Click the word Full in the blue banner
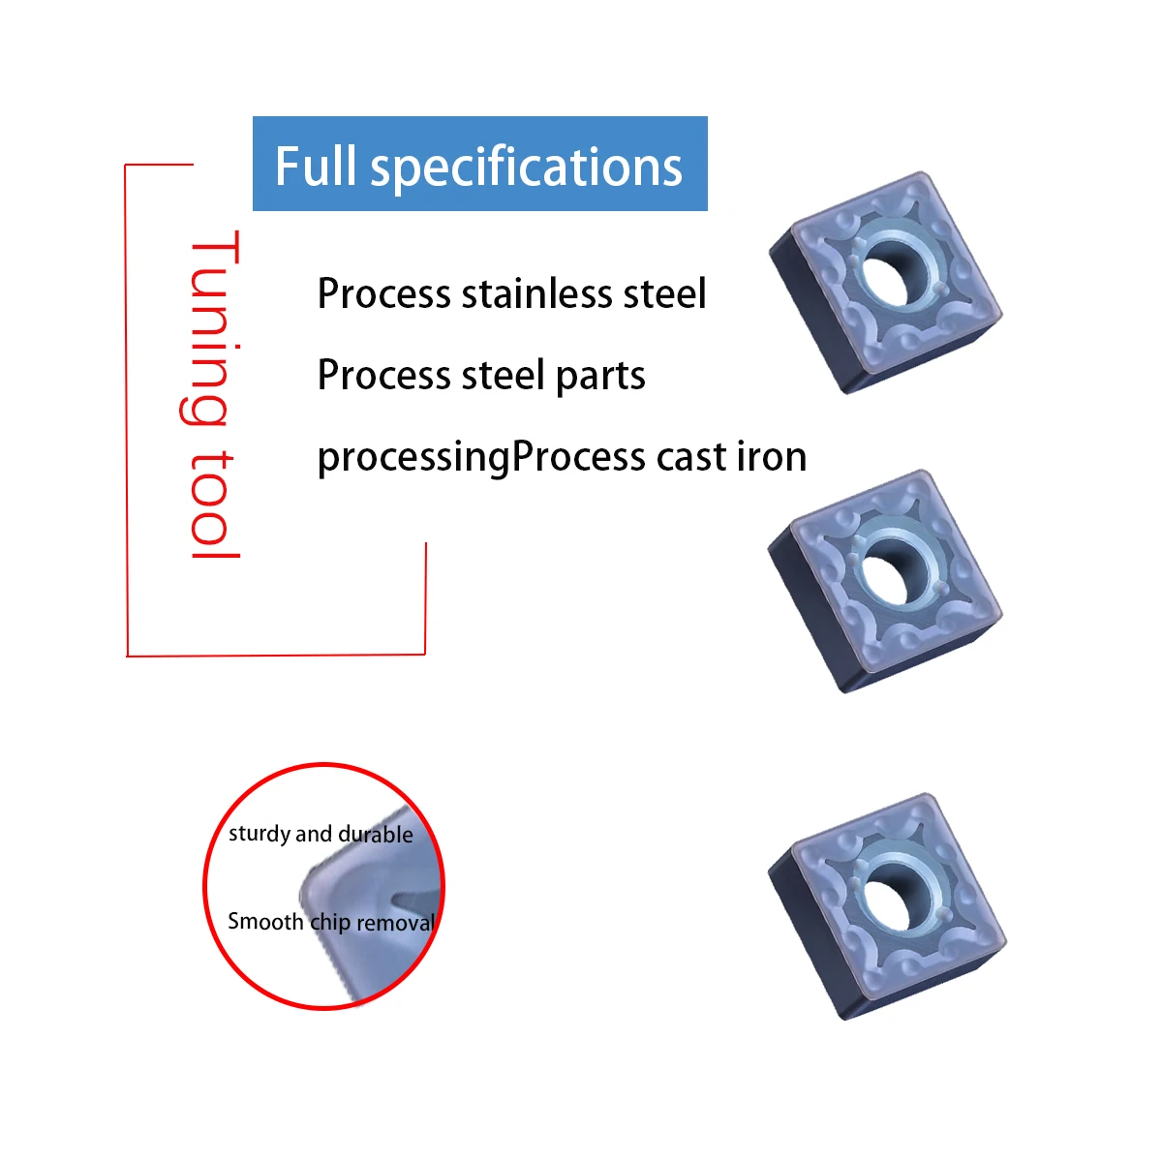[316, 166]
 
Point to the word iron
[772, 457]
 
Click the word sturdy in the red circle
[260, 834]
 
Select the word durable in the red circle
[376, 835]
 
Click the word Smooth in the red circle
[265, 921]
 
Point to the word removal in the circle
[396, 923]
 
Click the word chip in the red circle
[329, 923]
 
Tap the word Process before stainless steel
[383, 294]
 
